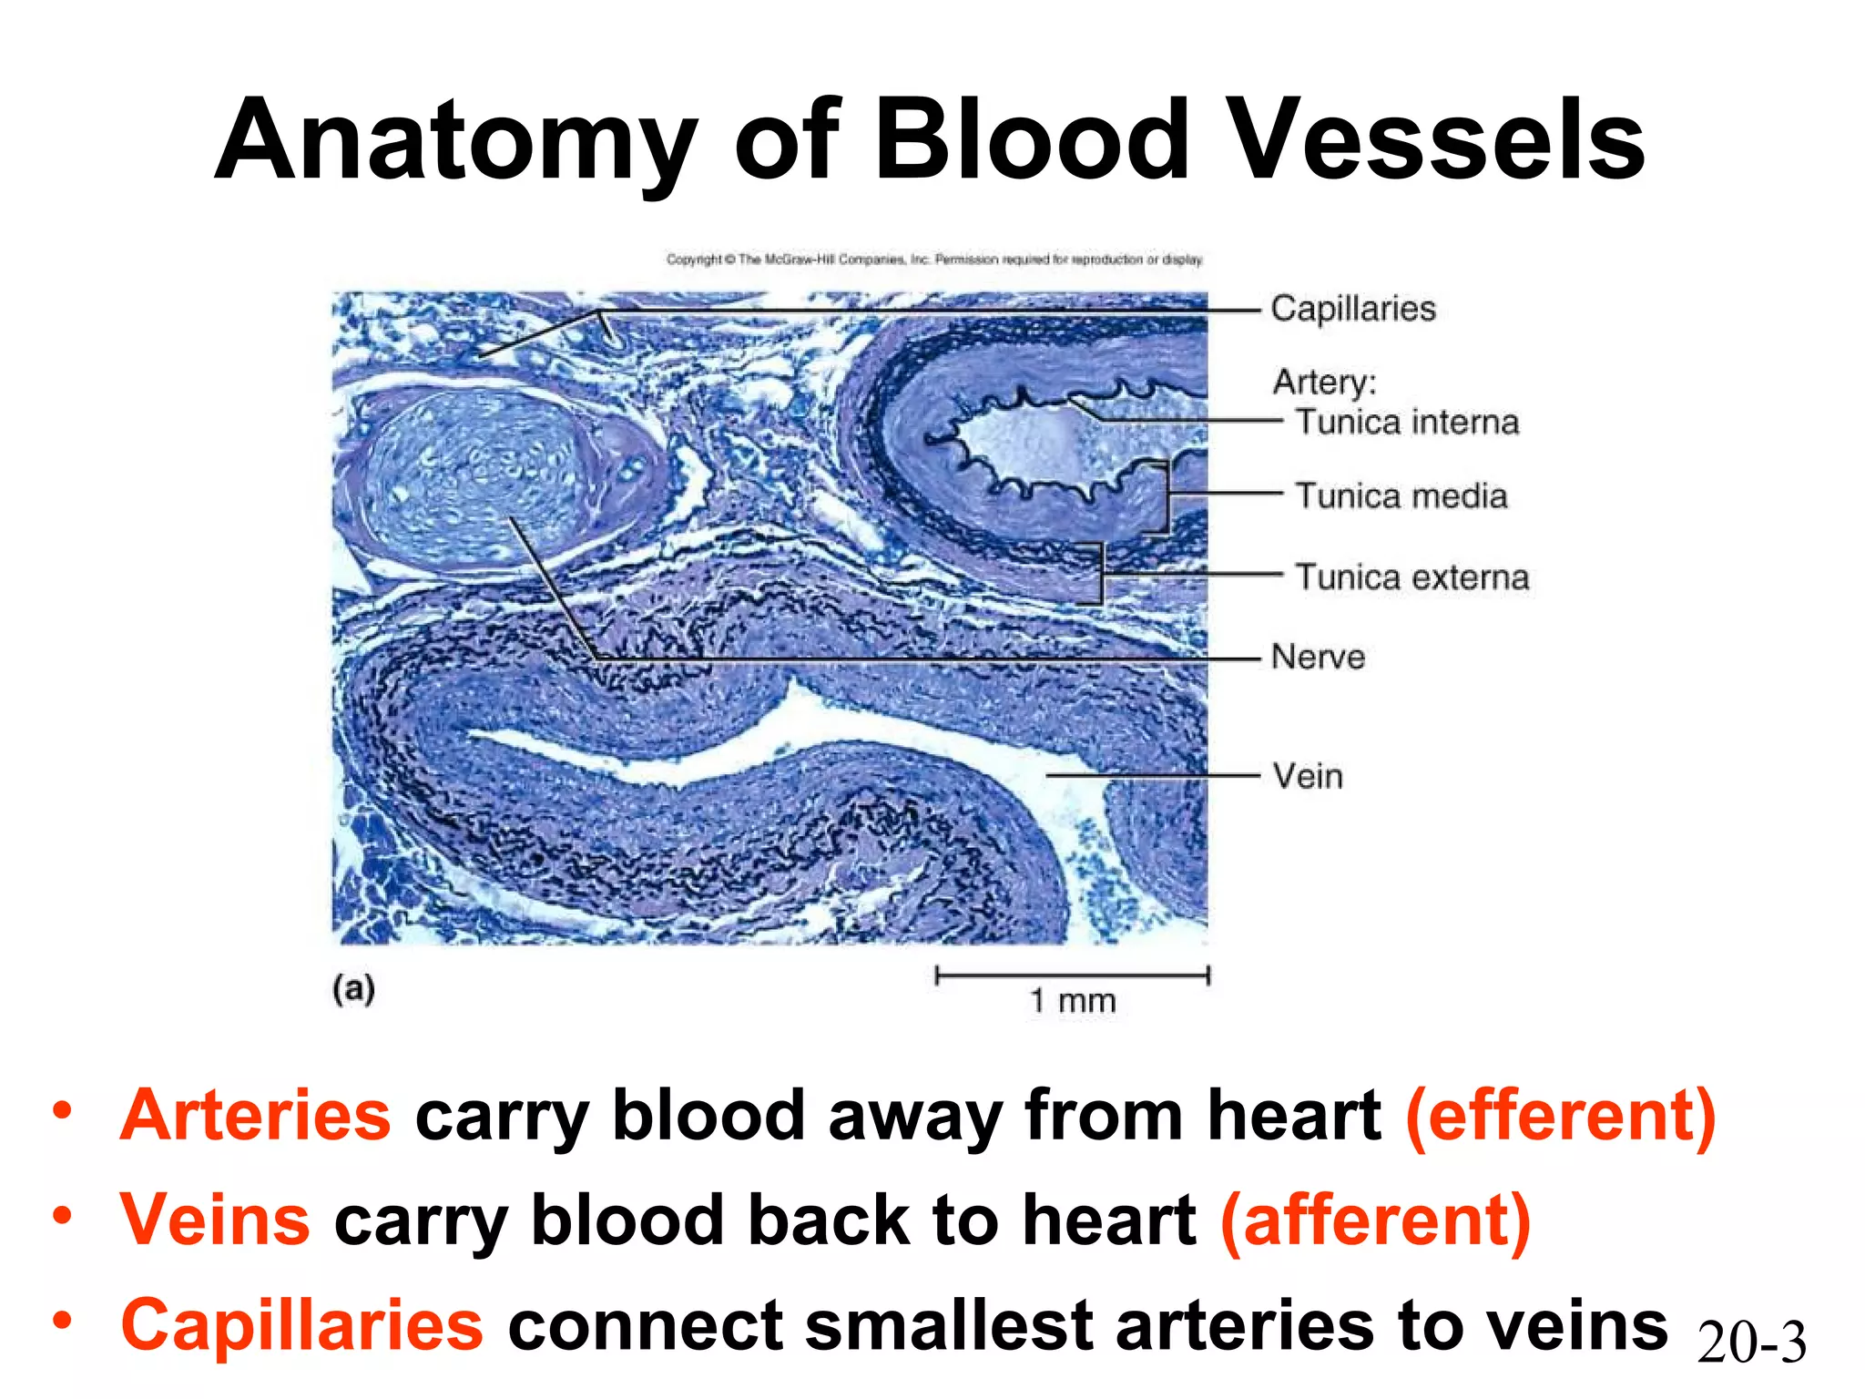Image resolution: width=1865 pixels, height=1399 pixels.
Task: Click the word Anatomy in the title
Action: coord(455,141)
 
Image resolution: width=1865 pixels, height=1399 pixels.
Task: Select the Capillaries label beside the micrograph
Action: coord(1352,309)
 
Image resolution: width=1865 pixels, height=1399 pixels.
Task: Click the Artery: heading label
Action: coord(1324,381)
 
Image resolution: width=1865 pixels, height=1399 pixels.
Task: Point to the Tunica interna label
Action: coord(1408,423)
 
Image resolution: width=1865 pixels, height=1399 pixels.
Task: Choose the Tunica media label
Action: coord(1401,496)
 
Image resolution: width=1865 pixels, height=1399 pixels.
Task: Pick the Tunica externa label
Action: coord(1412,577)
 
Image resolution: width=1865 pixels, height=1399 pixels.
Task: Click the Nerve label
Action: coord(1318,657)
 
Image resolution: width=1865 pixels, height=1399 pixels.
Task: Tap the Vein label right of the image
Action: coord(1308,776)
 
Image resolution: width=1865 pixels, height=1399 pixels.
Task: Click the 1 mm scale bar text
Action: coord(1072,1001)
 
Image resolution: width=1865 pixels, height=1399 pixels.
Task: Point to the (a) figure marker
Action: coord(353,989)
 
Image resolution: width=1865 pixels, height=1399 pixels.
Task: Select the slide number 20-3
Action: coord(1751,1343)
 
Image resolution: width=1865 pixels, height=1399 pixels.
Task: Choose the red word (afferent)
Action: coord(1375,1220)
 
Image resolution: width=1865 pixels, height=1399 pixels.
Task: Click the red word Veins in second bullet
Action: coord(216,1220)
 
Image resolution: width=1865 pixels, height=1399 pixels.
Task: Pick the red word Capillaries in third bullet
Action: coord(301,1325)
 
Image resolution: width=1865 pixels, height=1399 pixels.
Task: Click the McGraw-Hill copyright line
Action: coord(934,260)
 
